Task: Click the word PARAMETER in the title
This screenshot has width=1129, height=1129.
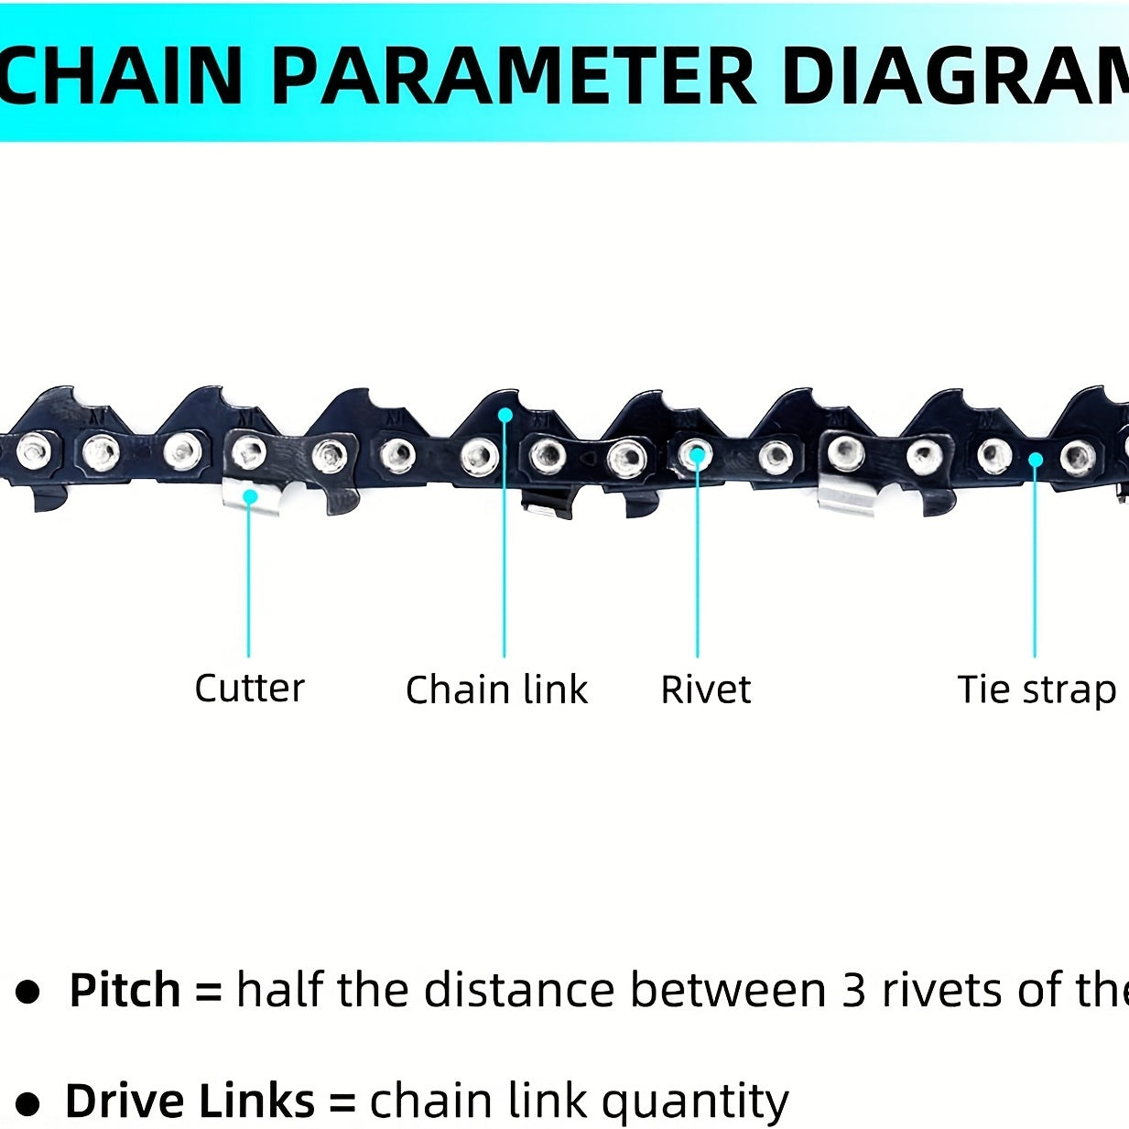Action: point(514,75)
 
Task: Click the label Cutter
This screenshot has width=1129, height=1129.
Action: point(249,688)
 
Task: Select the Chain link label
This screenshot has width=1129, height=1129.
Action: point(496,689)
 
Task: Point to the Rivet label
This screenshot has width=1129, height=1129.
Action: point(705,689)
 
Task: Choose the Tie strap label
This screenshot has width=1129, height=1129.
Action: point(1036,689)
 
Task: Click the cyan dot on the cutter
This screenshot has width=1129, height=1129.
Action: point(249,496)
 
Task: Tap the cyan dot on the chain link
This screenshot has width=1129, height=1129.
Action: point(505,415)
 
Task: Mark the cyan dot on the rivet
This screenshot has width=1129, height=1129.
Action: point(697,453)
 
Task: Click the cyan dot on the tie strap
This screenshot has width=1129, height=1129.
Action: point(1035,459)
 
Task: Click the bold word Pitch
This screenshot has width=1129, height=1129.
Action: point(125,990)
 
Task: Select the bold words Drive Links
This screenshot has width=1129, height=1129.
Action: point(190,1101)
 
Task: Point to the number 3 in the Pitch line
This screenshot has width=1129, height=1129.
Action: point(853,990)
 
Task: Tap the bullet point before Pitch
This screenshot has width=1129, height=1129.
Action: point(29,992)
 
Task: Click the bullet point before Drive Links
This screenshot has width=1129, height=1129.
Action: point(28,1103)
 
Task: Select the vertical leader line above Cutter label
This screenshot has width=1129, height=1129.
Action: point(249,577)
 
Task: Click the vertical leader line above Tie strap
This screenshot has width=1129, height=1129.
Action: point(1035,559)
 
